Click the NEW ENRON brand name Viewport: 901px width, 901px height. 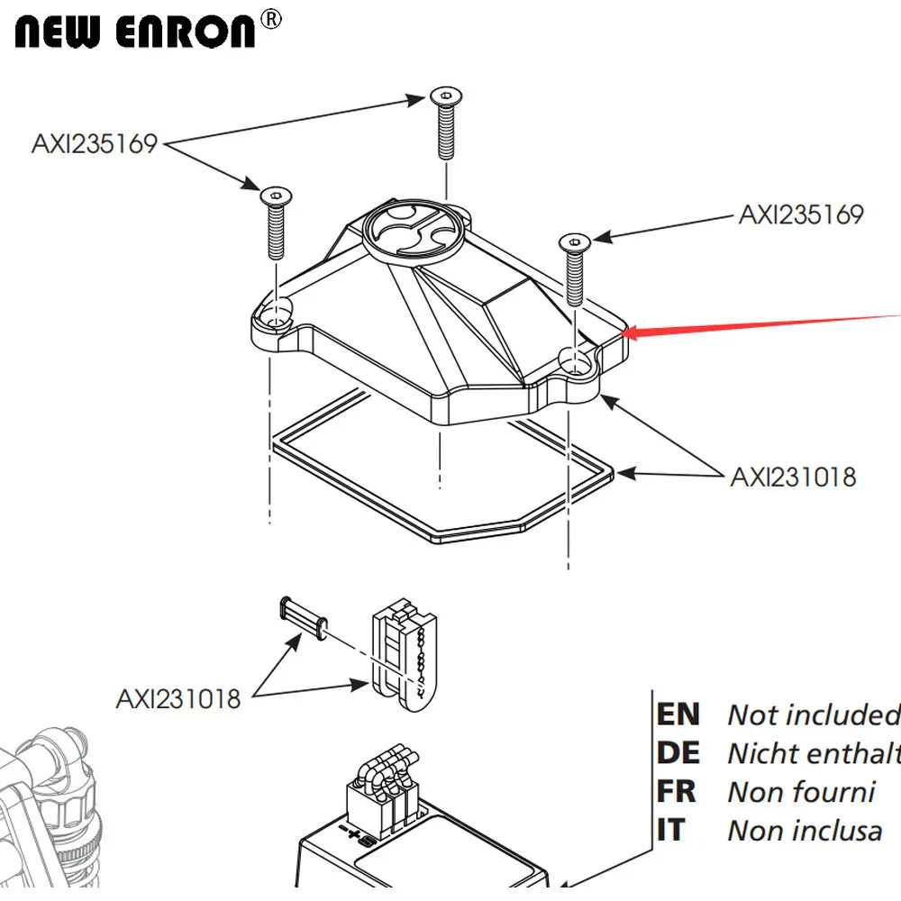point(136,32)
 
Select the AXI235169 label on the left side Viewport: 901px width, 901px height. point(95,144)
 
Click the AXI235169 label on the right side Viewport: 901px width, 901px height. point(801,214)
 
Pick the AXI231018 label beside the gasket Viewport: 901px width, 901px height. point(793,476)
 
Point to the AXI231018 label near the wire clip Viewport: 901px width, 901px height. point(178,698)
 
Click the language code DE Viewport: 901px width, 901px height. point(678,753)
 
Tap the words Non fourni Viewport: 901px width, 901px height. point(800,792)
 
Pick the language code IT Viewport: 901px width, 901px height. point(672,830)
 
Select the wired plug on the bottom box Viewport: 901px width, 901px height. point(378,788)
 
